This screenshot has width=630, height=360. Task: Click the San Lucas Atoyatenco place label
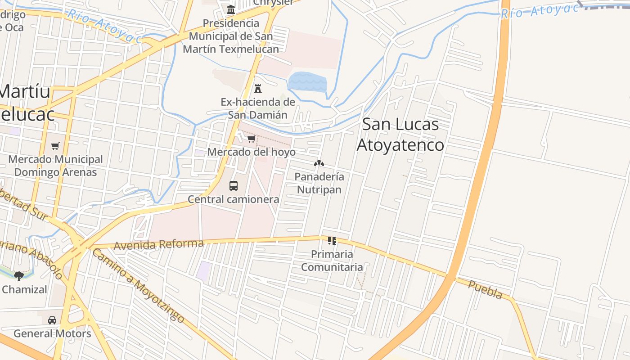click(x=400, y=135)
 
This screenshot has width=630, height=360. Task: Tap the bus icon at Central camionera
click(x=234, y=185)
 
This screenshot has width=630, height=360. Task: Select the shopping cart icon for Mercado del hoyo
click(x=252, y=139)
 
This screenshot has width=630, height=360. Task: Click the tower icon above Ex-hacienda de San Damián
click(x=258, y=88)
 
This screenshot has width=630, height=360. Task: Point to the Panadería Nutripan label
click(x=319, y=183)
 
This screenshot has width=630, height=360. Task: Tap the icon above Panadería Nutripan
click(x=319, y=163)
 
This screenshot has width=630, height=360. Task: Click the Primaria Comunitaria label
click(x=332, y=261)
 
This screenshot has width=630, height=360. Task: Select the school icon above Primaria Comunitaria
click(x=332, y=241)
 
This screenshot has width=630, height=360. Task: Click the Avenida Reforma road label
click(x=159, y=244)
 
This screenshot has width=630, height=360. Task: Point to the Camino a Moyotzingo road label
click(x=138, y=286)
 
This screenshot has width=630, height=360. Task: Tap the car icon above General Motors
click(x=52, y=320)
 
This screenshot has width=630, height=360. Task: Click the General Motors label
click(x=52, y=333)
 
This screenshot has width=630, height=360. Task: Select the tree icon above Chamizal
click(x=19, y=275)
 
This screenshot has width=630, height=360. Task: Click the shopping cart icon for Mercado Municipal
click(x=55, y=146)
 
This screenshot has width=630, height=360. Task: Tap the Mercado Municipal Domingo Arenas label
click(x=55, y=166)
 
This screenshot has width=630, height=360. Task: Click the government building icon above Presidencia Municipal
click(x=231, y=9)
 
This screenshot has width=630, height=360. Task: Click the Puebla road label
click(x=485, y=290)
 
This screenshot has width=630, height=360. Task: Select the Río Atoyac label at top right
click(x=540, y=11)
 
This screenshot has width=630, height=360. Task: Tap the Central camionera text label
click(x=234, y=199)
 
